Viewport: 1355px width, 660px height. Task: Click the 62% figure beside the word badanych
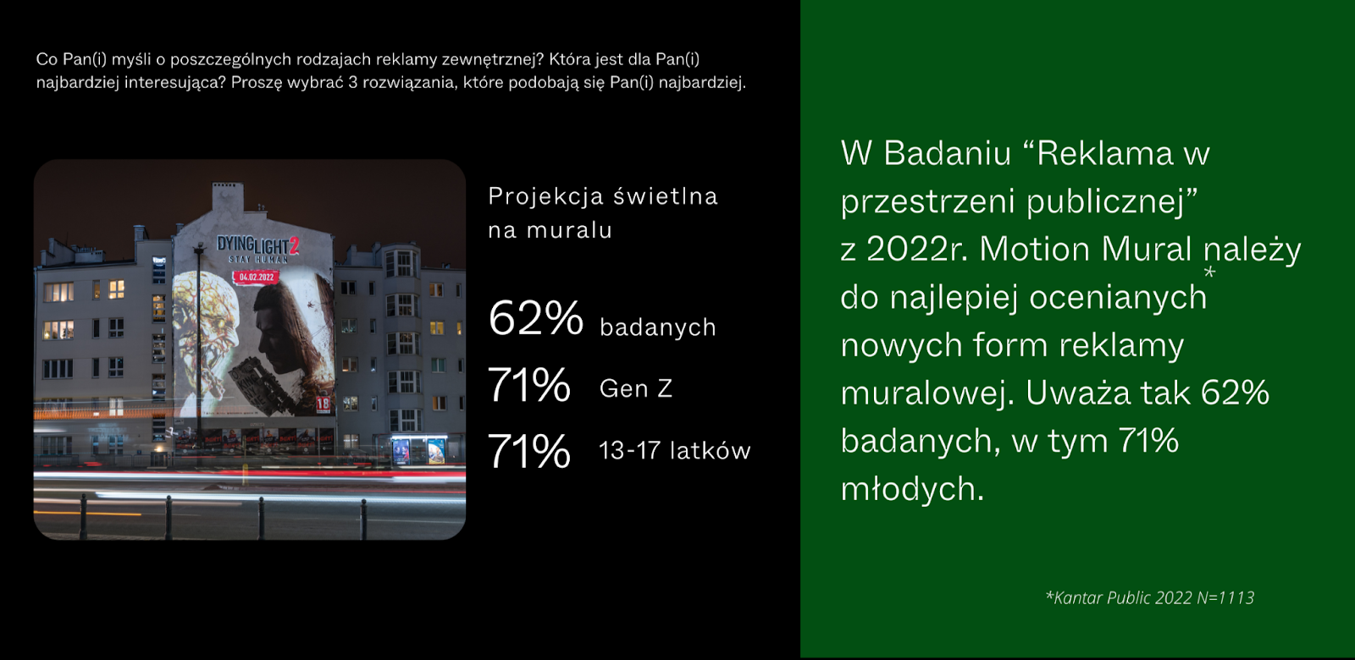[x=535, y=319]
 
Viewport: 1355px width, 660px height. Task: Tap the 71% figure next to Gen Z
[x=529, y=386]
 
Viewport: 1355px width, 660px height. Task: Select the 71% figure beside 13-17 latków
[x=529, y=451]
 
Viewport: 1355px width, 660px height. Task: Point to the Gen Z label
[x=635, y=388]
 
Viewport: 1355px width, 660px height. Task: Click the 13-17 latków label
[x=674, y=451]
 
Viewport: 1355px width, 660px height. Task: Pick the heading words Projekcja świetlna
[x=602, y=196]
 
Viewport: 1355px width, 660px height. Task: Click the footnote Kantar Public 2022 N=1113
[x=1150, y=597]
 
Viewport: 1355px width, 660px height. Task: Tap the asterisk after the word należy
[x=1209, y=272]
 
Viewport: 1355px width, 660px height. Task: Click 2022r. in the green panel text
[x=917, y=250]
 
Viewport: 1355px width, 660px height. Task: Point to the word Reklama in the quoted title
[x=1104, y=154]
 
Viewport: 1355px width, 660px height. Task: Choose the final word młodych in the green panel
[x=911, y=489]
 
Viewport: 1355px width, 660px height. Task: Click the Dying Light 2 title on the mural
[x=257, y=245]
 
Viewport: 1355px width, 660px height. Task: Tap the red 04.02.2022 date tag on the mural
[x=256, y=277]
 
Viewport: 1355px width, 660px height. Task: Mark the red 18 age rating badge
[x=323, y=404]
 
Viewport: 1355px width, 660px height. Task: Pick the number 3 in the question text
[x=352, y=83]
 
